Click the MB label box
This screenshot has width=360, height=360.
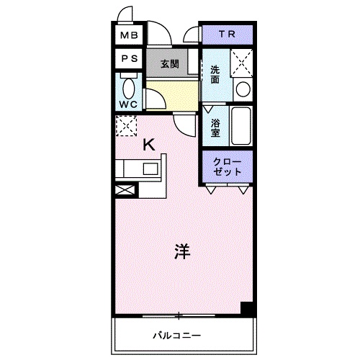[x=129, y=35]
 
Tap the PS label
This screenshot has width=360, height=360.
[x=129, y=59]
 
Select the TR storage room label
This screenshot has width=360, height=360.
[x=226, y=35]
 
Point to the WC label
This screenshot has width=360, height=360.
[x=129, y=103]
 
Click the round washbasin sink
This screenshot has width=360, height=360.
[x=243, y=90]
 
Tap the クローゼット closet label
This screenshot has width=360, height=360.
[x=227, y=167]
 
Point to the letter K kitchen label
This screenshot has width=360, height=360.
[x=148, y=144]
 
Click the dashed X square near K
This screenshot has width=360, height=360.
[x=126, y=127]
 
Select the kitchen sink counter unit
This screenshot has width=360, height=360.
[x=140, y=170]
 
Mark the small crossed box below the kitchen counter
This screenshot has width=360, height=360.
[x=124, y=191]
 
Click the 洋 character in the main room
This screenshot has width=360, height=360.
[x=181, y=253]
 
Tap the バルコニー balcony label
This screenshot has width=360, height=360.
[x=175, y=335]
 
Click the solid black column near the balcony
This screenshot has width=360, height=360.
[x=247, y=307]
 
